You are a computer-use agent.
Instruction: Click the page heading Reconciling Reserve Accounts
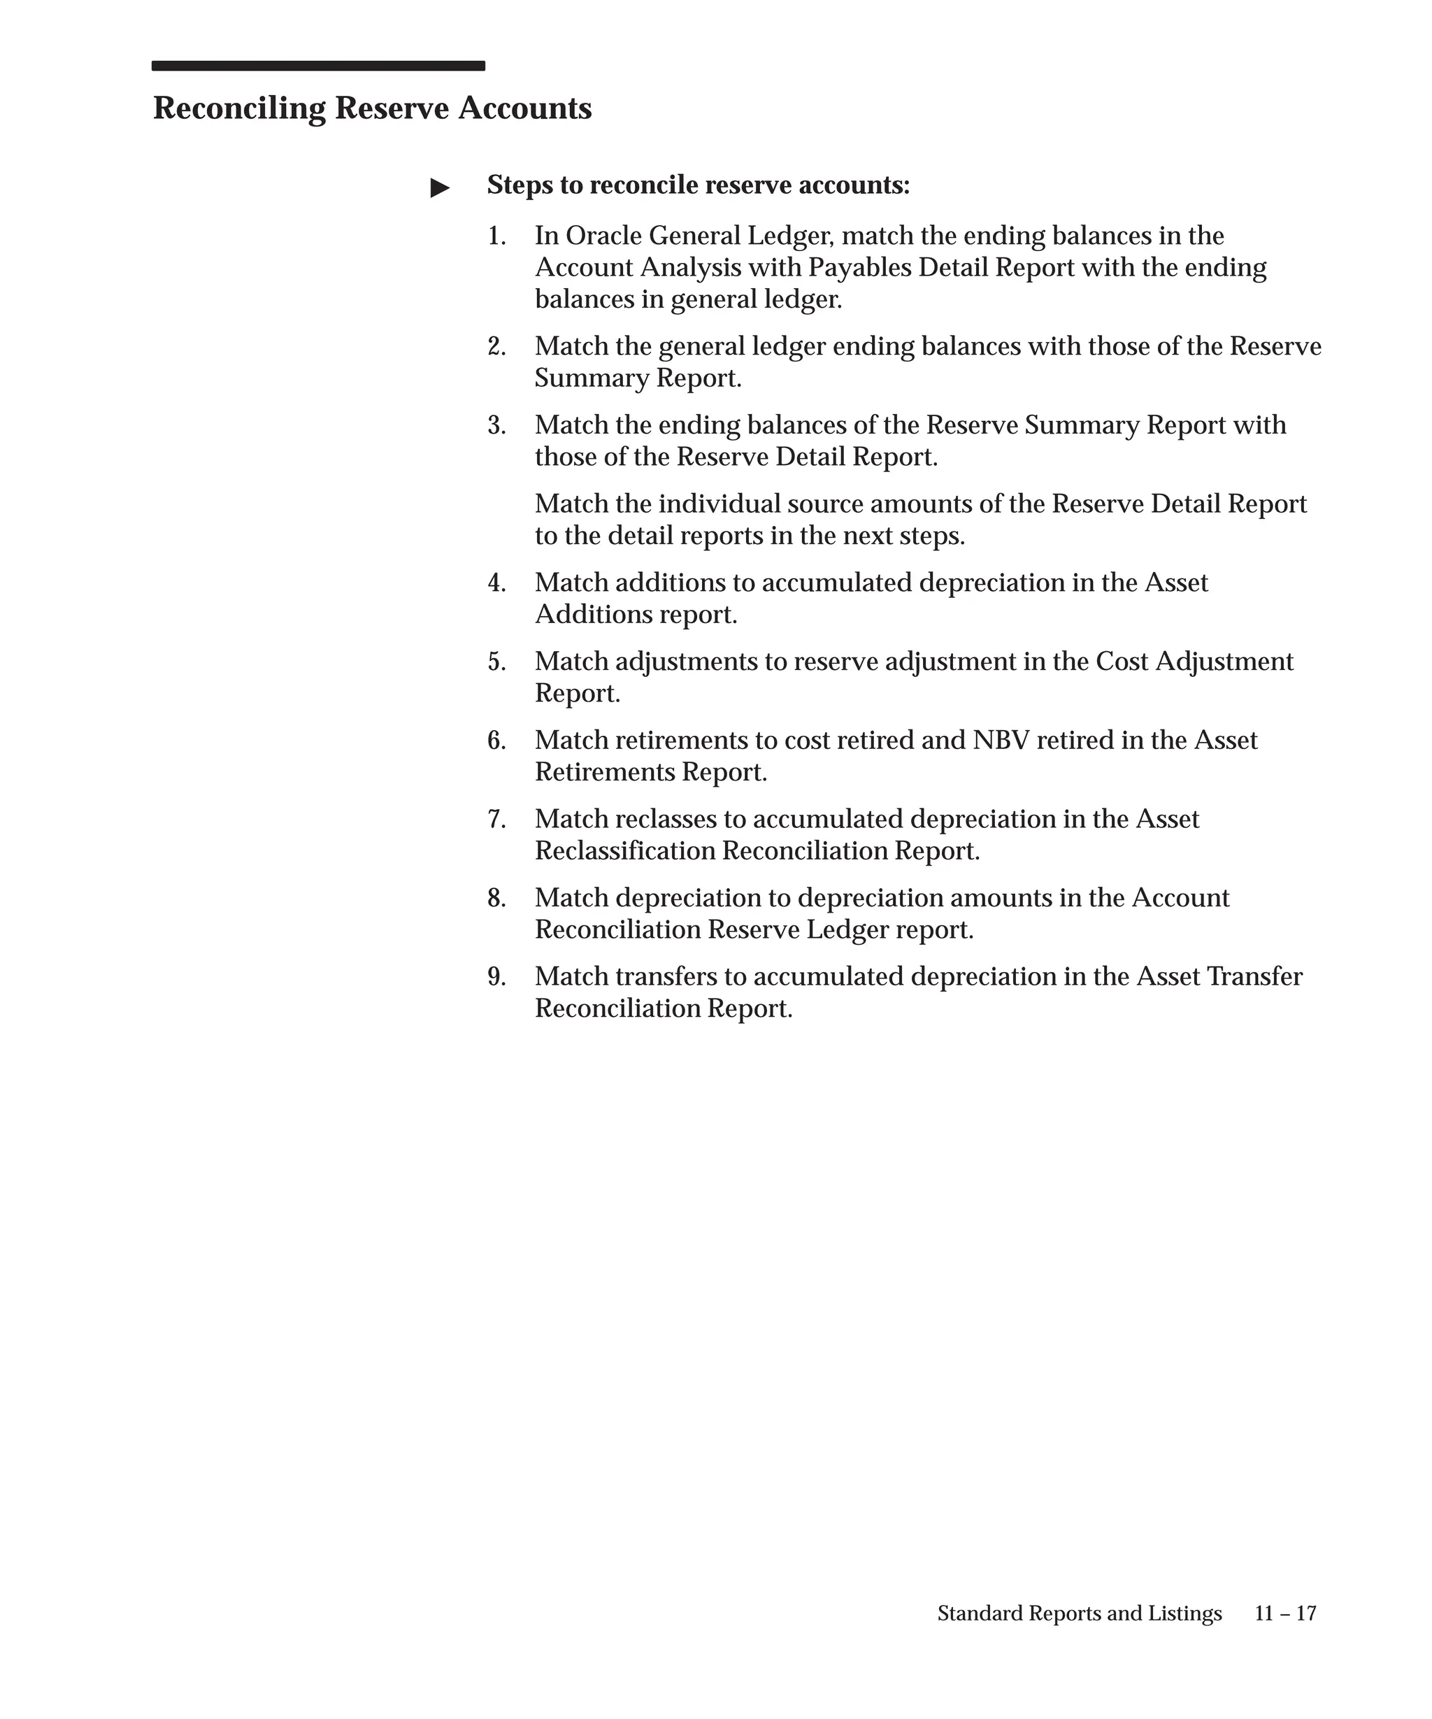pos(371,109)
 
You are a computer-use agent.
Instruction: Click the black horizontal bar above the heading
pos(317,66)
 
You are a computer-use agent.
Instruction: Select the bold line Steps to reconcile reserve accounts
pos(697,186)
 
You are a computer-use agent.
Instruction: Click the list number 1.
pos(496,236)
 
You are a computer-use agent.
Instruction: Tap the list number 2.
pos(496,347)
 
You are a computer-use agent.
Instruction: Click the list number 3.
pos(496,426)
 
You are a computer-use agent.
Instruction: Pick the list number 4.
pos(496,584)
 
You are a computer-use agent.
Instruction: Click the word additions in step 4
pos(669,584)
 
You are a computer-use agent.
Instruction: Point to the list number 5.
pos(496,662)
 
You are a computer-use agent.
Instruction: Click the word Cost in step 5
pos(1121,662)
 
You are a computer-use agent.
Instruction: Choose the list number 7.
pos(496,820)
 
